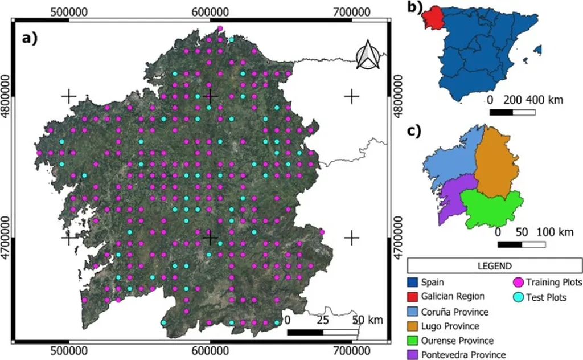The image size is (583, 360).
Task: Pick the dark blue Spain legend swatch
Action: (x=413, y=281)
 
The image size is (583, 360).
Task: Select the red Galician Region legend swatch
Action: (x=413, y=296)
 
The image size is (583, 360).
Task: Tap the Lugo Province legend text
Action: (x=450, y=326)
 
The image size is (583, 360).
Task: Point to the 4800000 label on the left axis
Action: (x=7, y=96)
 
